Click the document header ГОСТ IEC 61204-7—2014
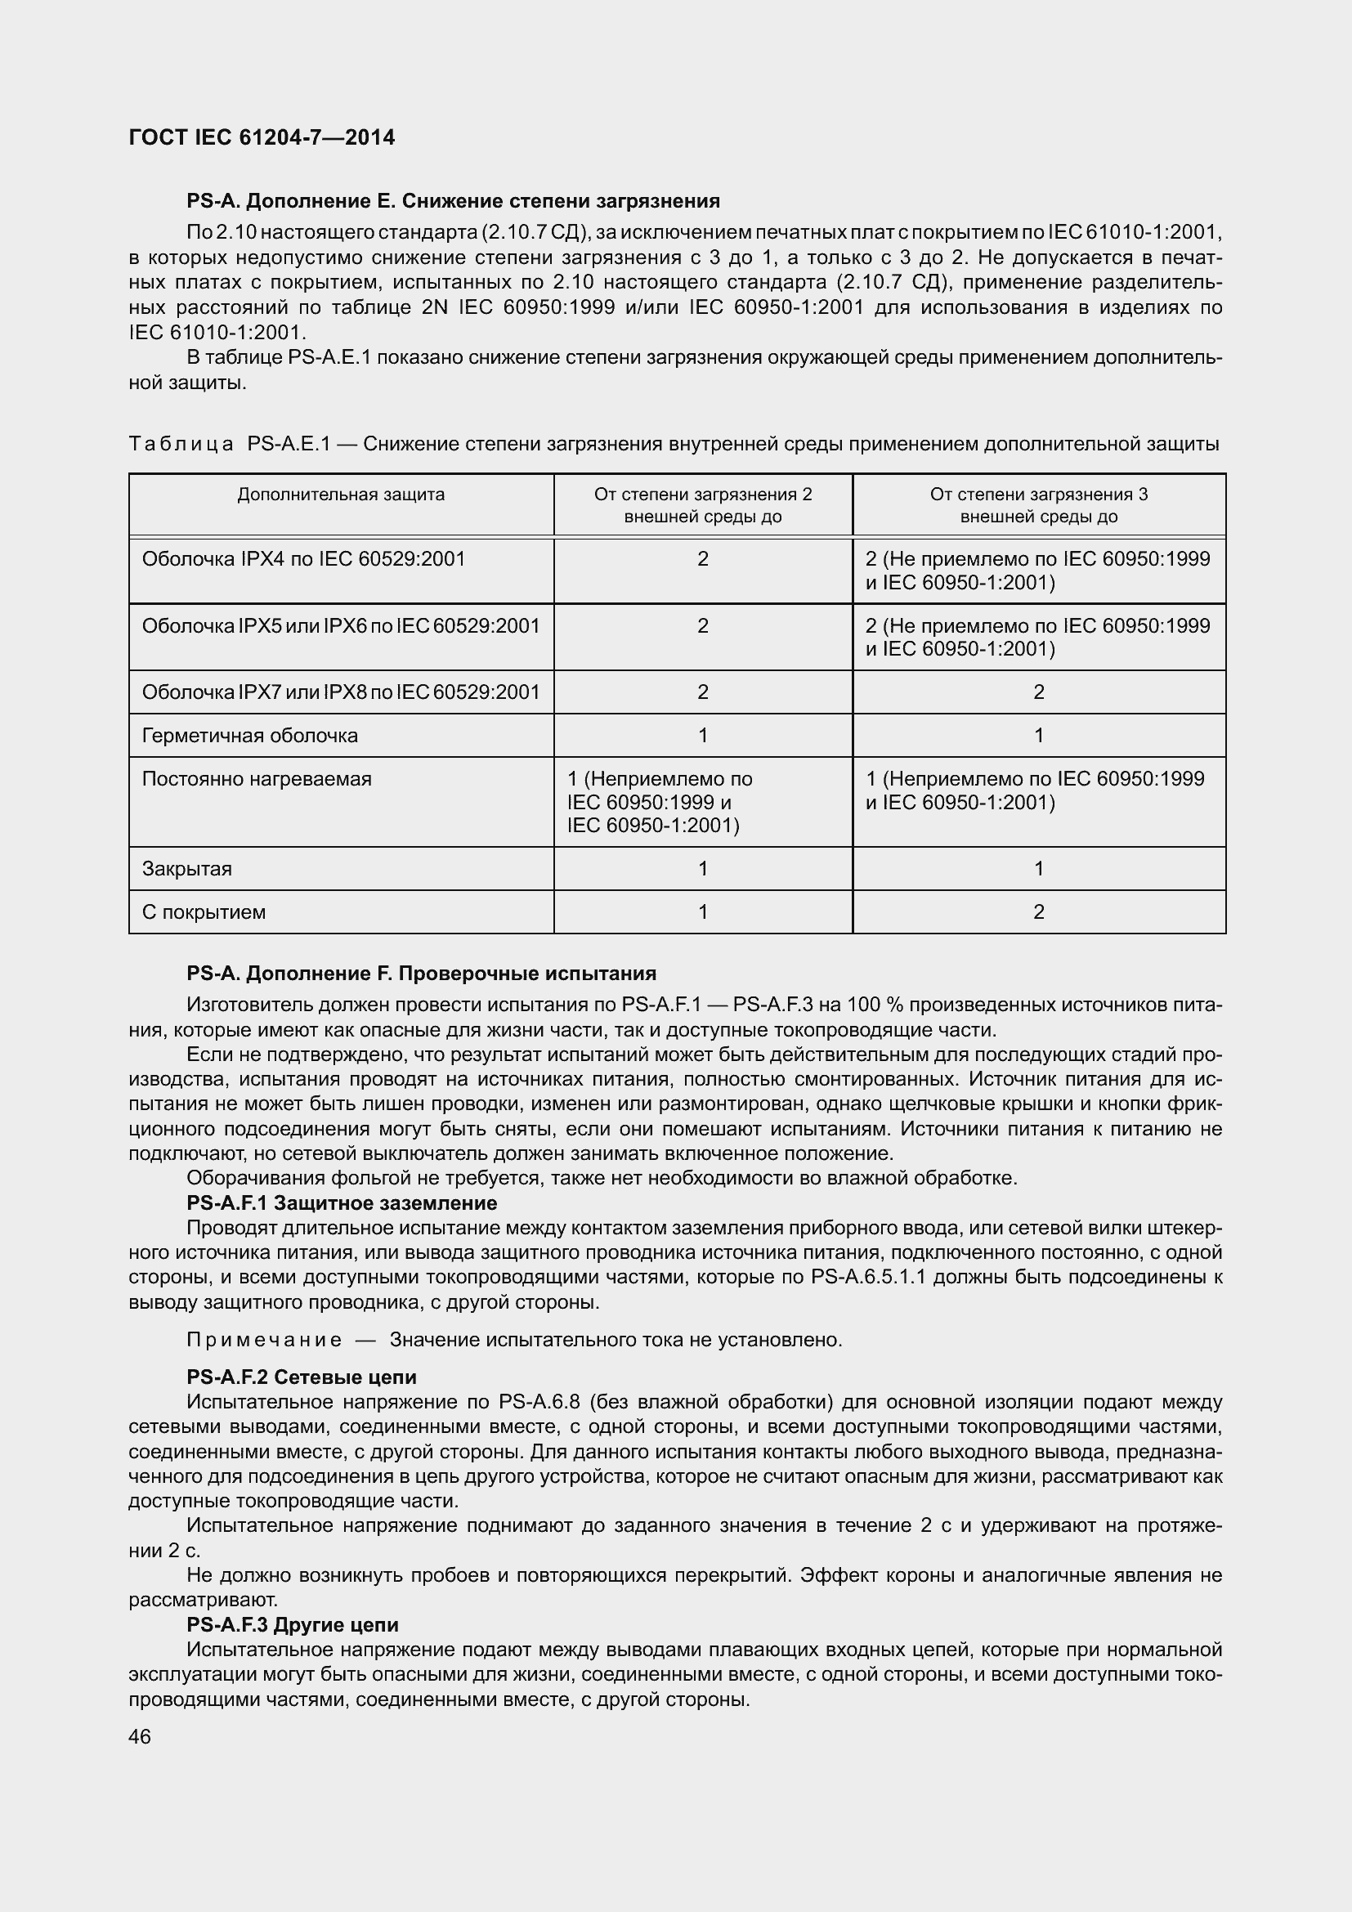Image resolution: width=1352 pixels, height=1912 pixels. [x=262, y=137]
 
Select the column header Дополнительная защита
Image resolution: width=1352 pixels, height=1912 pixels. [x=341, y=495]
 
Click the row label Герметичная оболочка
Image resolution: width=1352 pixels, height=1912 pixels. [x=250, y=736]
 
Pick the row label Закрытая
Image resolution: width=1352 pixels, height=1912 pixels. [x=186, y=869]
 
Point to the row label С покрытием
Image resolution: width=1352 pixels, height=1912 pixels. [x=204, y=912]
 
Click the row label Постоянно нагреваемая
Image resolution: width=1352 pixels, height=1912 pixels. [x=257, y=779]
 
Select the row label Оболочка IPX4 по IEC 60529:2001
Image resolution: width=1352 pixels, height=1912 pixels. [x=303, y=559]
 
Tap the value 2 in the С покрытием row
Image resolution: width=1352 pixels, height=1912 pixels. [x=1038, y=912]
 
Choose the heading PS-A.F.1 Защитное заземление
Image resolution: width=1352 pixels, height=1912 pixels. [x=342, y=1202]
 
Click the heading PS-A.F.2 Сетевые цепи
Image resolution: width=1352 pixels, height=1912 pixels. [x=302, y=1377]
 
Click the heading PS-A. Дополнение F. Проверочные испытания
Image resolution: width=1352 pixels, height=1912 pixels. [x=421, y=973]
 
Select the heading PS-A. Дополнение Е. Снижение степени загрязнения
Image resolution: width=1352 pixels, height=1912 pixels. [x=453, y=201]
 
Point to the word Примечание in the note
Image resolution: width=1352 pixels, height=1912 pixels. [x=264, y=1339]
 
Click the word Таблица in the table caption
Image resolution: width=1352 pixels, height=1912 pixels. [x=181, y=444]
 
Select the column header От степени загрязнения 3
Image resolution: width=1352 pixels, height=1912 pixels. [x=1038, y=495]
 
